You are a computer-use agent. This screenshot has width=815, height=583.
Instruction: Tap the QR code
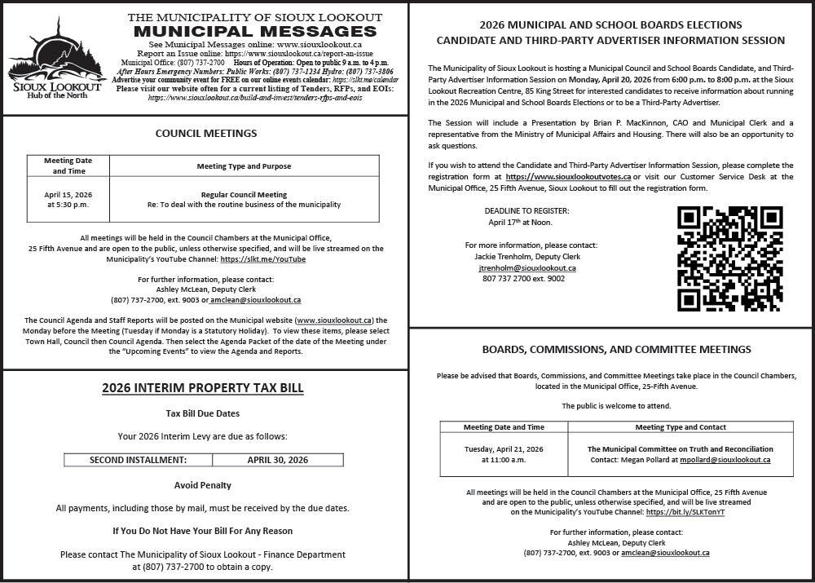point(730,258)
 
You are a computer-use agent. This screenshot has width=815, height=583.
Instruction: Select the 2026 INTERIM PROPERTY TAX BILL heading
point(203,388)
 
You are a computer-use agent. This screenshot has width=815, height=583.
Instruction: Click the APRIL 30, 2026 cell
point(277,460)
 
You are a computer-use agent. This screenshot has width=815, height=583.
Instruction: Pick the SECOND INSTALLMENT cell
point(138,460)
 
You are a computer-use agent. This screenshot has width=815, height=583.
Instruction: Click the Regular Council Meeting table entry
point(244,195)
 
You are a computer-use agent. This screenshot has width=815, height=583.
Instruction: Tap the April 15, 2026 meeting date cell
point(68,200)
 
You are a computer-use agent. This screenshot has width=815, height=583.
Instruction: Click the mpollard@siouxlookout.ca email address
point(725,460)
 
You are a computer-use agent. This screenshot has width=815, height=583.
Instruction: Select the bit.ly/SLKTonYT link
point(685,512)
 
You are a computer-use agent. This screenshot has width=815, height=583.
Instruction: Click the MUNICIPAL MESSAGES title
point(255,31)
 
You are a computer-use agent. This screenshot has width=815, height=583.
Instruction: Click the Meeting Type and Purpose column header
point(244,166)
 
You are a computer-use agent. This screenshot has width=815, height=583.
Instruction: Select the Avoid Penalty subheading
point(203,485)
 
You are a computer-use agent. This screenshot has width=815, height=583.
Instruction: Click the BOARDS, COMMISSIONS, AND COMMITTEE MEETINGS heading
point(616,350)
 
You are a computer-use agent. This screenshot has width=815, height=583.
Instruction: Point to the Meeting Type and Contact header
point(681,427)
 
